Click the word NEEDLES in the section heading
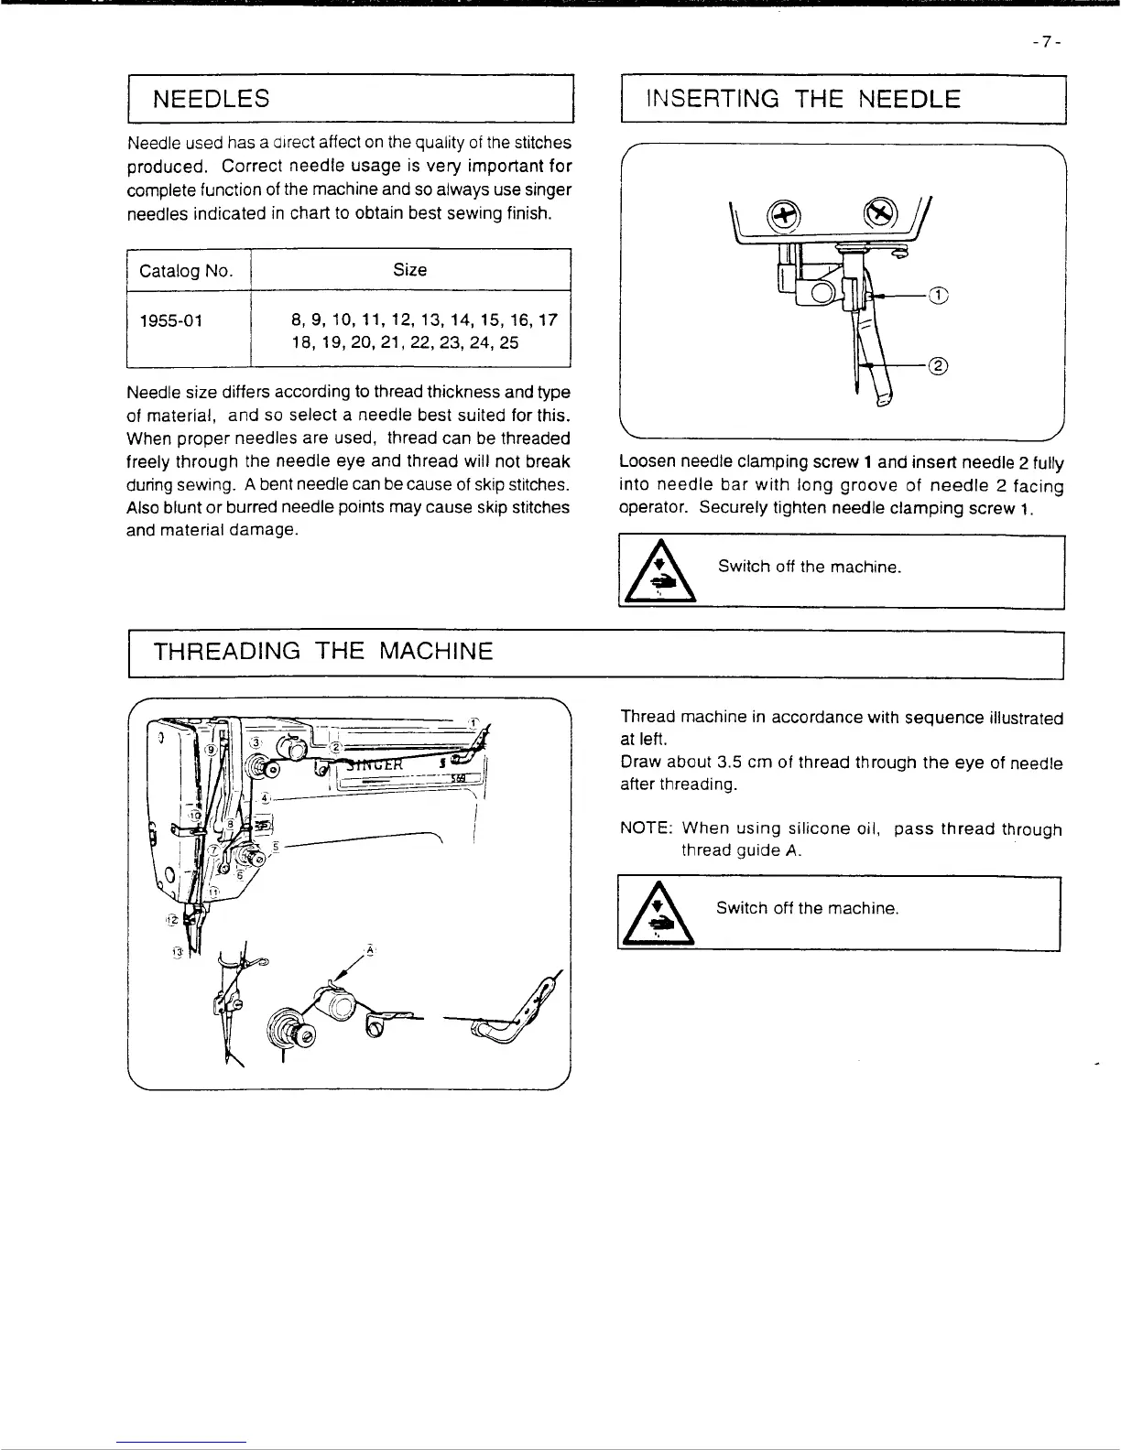(x=211, y=99)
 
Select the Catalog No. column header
(x=186, y=271)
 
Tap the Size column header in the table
(x=409, y=270)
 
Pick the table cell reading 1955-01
(x=171, y=320)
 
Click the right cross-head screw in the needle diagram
(x=879, y=213)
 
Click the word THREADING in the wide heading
(x=226, y=652)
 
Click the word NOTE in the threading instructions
(x=646, y=829)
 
